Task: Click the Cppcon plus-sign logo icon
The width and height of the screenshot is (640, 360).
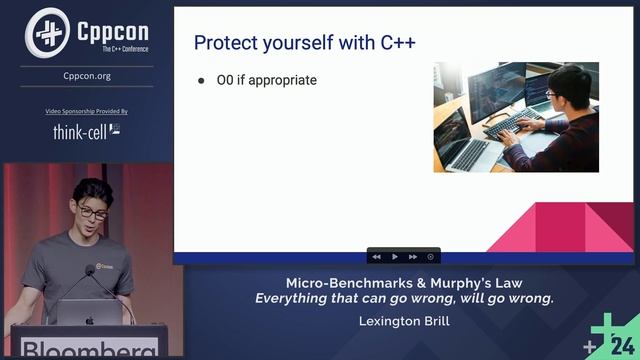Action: (46, 31)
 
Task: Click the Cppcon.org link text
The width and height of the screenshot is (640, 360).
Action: (87, 75)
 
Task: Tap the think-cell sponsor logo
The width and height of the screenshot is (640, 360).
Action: (86, 131)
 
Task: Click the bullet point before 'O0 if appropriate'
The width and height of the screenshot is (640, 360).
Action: (200, 80)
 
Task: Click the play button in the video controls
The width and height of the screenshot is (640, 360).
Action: (395, 256)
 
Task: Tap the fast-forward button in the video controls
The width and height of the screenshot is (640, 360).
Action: (413, 256)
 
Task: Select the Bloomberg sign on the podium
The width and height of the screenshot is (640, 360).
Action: (88, 349)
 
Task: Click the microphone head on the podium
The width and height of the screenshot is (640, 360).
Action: (90, 270)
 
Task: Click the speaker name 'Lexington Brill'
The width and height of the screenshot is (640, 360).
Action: (403, 321)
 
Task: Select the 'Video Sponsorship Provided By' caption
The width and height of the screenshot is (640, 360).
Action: (87, 111)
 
